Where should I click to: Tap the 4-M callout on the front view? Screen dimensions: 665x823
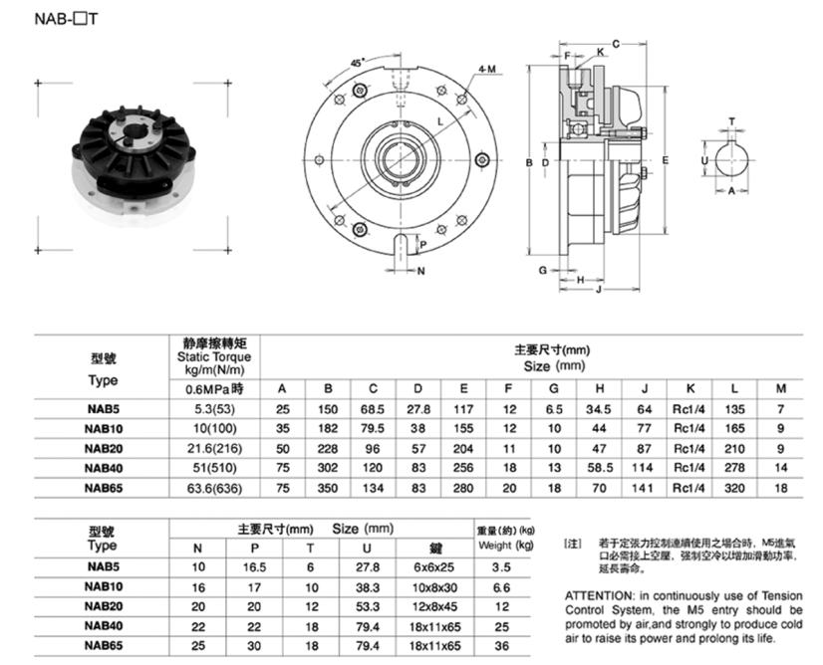[487, 69]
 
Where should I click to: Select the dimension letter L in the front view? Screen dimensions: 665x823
[439, 121]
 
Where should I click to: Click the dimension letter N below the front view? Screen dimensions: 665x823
[419, 270]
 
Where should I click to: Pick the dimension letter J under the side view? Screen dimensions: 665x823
[597, 291]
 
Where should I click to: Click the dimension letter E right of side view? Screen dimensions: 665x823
[664, 159]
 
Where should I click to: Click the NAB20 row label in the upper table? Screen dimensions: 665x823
[103, 448]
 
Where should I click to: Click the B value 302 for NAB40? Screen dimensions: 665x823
[328, 468]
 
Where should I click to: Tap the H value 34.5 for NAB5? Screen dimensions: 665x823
[600, 408]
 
